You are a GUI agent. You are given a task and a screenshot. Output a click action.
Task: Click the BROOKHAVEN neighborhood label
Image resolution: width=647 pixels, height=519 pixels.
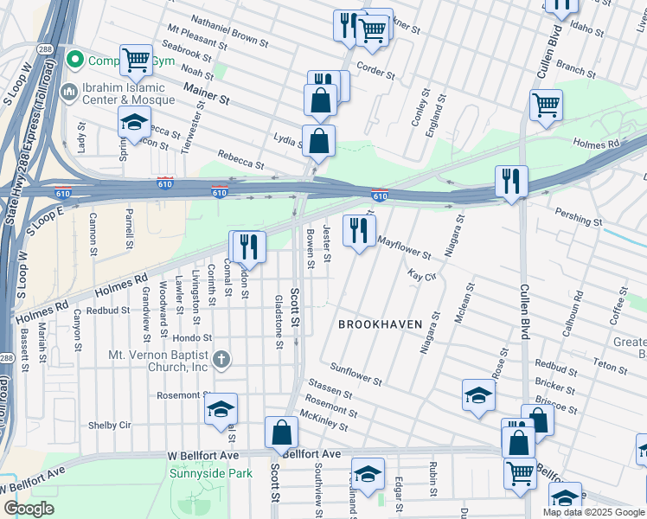click(x=380, y=324)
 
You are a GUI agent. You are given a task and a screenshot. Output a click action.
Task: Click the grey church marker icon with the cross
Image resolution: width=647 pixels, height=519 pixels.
click(x=221, y=358)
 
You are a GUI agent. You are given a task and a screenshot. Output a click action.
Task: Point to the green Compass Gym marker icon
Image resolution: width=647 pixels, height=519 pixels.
click(x=75, y=60)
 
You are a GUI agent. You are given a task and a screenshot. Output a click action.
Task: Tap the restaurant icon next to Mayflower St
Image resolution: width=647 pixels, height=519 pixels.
click(x=358, y=230)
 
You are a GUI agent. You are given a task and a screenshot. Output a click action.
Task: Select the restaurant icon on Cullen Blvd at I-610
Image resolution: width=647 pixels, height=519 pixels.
click(x=511, y=181)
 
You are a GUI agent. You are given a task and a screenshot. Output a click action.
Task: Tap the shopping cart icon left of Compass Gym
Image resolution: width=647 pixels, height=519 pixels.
click(x=136, y=60)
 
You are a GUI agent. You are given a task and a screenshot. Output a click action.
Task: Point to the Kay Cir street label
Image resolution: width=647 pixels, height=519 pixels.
click(x=420, y=275)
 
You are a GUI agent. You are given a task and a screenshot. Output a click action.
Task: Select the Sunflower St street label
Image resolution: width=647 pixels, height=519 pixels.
click(x=356, y=374)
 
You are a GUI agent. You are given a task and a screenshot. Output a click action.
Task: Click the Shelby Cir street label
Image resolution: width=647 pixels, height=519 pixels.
click(x=110, y=426)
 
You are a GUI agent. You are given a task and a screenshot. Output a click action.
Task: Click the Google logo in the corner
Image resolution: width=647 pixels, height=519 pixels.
click(x=29, y=509)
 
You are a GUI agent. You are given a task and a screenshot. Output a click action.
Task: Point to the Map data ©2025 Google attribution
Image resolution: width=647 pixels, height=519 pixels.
click(x=593, y=512)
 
